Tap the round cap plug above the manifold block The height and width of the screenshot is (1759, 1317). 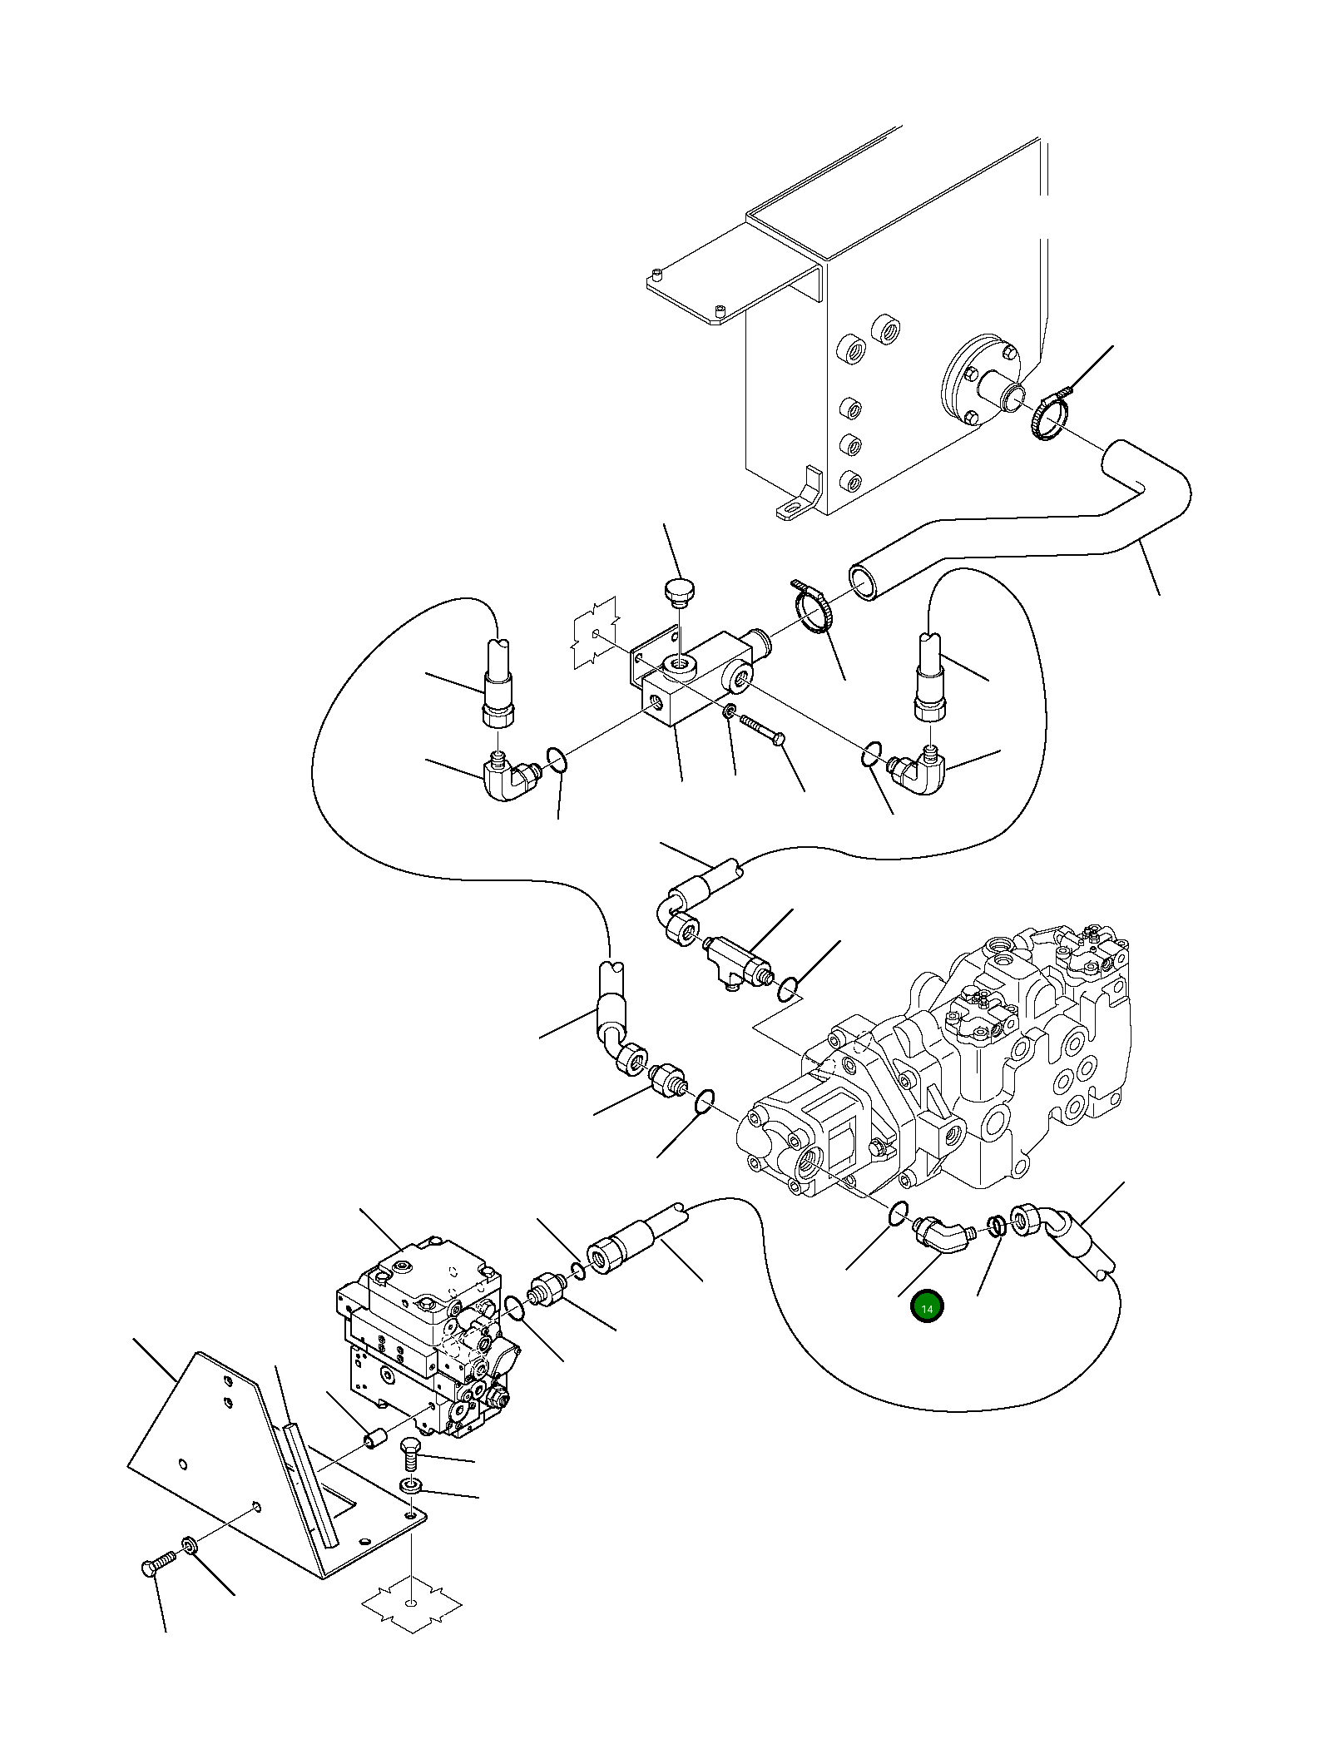coord(681,592)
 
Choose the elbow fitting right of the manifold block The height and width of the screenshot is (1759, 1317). coord(918,769)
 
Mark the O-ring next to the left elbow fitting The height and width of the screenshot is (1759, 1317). coord(557,760)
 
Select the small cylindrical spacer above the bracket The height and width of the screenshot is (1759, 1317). coord(378,1438)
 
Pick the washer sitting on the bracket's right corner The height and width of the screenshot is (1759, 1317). coord(411,1485)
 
